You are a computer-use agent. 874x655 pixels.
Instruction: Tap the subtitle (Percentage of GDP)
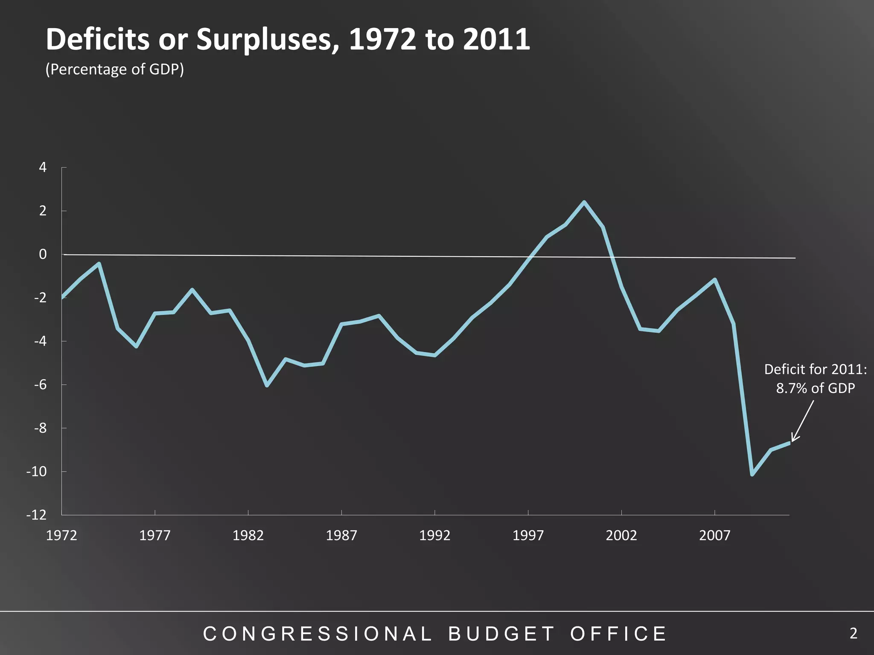coord(114,69)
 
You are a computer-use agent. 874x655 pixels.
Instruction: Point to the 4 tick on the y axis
coord(43,168)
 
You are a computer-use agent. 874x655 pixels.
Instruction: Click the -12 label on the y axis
coord(37,515)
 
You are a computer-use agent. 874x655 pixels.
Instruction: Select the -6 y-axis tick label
coord(40,385)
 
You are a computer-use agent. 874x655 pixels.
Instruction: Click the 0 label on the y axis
coord(43,255)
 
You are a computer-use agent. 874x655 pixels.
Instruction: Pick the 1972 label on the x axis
coord(61,535)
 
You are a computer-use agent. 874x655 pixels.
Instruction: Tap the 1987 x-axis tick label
coord(341,535)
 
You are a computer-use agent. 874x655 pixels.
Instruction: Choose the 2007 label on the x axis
coord(715,535)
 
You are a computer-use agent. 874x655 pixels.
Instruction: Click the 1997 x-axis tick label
coord(528,535)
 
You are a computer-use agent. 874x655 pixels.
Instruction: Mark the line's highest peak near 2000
coord(584,203)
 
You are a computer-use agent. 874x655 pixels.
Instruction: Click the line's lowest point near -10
coord(752,474)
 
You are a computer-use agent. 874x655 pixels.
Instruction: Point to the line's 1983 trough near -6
coord(267,385)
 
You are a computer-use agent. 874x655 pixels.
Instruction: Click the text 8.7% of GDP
coord(815,388)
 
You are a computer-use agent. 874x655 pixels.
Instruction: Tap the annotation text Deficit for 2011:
coord(815,369)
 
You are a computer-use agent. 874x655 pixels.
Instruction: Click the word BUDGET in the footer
coord(501,634)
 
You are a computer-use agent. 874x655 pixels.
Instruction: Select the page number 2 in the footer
coord(853,634)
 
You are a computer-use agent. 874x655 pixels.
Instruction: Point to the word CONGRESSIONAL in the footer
coord(318,634)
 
